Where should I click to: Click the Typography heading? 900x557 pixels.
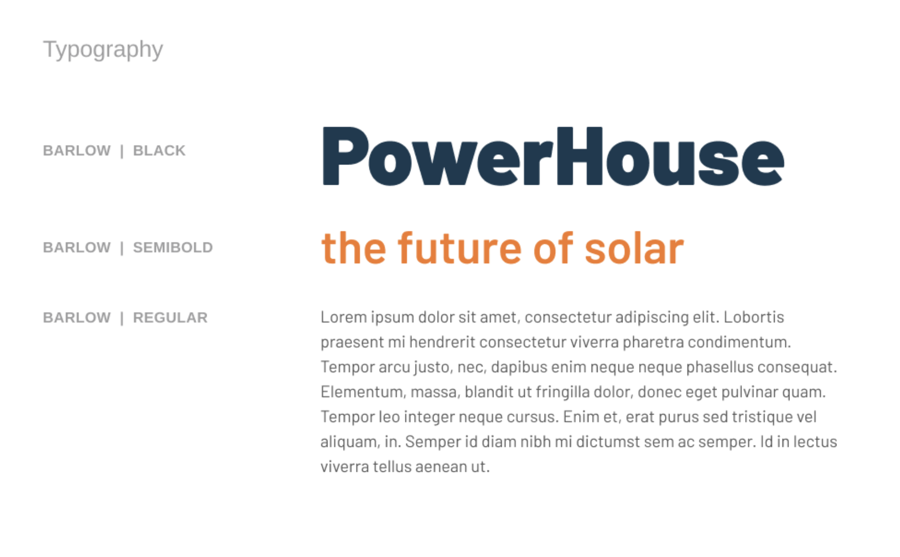point(103,50)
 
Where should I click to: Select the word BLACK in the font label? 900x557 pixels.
point(159,150)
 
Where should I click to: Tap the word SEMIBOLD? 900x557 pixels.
point(173,247)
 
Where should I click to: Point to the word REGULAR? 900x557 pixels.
point(170,317)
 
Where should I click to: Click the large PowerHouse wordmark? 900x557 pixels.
point(553,156)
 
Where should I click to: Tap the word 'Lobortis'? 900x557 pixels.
point(754,317)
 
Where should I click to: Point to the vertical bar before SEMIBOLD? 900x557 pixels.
point(122,248)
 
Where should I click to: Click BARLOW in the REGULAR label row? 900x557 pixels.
point(77,317)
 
